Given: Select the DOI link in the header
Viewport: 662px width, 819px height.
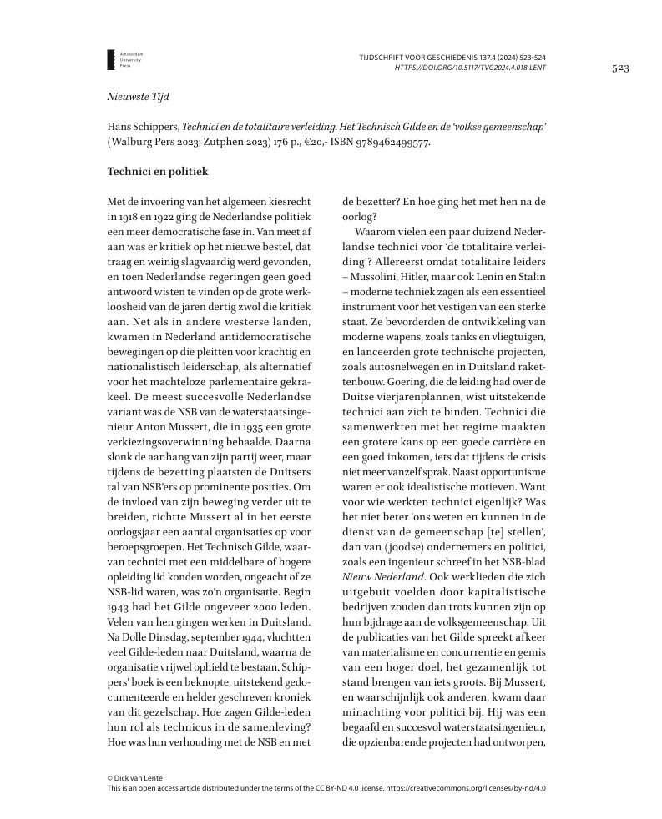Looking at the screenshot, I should click(470, 67).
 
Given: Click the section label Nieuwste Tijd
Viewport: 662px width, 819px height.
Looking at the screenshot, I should click(139, 97).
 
